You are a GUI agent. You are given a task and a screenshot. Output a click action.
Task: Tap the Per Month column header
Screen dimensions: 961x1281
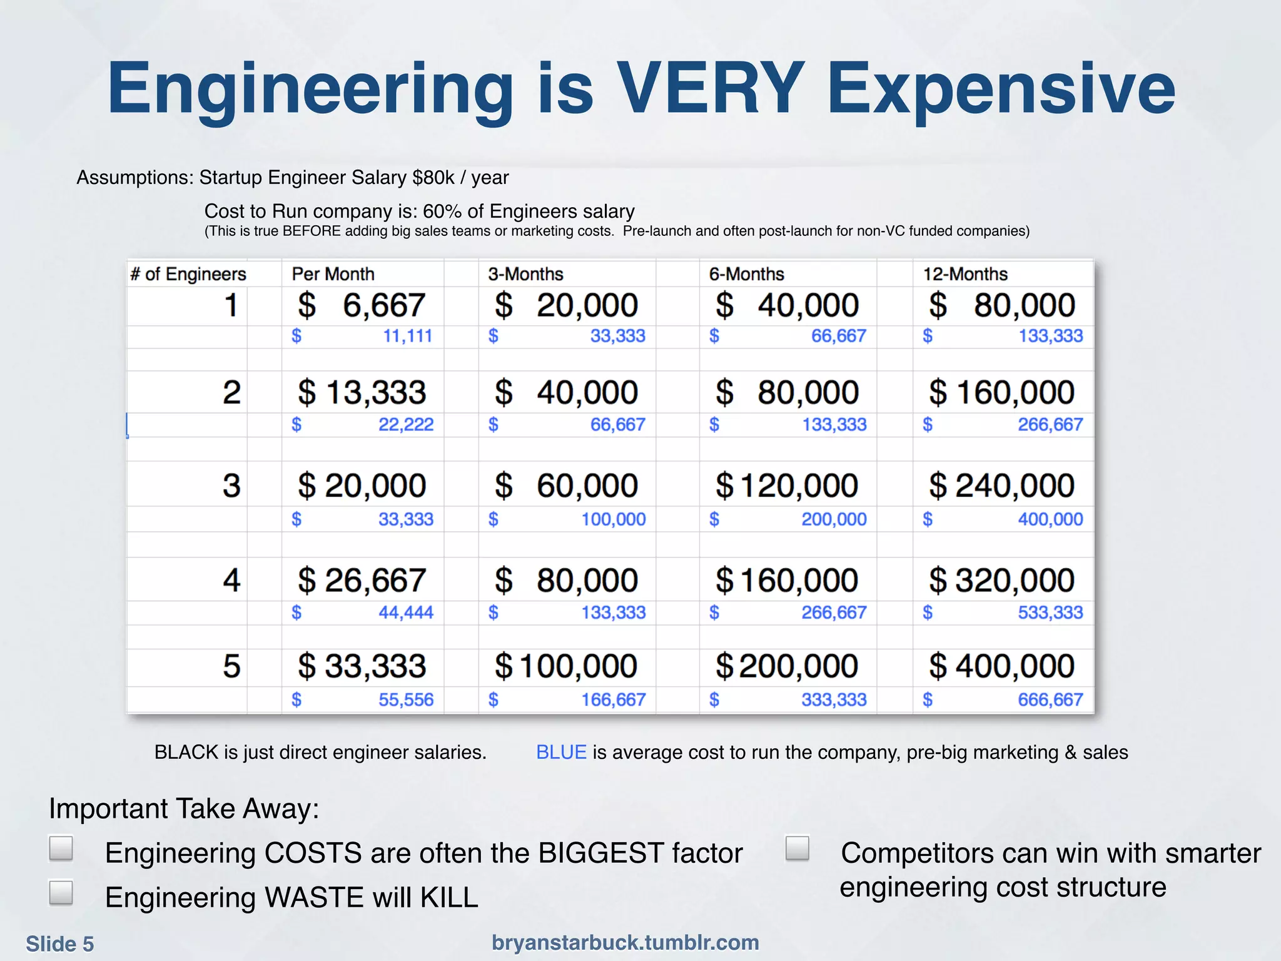[333, 274]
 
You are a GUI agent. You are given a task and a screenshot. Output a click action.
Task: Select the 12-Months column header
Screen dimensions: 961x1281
[965, 274]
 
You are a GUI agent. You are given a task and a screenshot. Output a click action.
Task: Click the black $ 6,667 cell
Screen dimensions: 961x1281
[362, 306]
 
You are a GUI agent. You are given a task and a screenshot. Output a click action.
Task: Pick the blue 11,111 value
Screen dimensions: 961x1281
[407, 336]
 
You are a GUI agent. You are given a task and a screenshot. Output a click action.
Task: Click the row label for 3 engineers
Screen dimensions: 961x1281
[231, 486]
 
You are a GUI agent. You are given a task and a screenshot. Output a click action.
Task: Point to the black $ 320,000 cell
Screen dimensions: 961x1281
[1001, 580]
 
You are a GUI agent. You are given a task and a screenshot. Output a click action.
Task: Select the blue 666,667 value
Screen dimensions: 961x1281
[1050, 699]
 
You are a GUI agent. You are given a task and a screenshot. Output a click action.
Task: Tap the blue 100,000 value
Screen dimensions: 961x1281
[613, 519]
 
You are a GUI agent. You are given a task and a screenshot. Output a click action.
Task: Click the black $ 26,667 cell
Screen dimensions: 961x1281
[362, 580]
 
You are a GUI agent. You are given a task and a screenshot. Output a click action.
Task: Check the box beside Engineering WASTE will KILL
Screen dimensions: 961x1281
[61, 893]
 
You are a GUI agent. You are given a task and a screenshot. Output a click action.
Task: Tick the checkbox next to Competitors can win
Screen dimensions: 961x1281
[797, 849]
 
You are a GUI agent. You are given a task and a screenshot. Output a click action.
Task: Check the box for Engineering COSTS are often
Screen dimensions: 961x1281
[61, 849]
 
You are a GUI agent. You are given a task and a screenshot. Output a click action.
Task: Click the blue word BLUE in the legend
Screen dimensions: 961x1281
[561, 752]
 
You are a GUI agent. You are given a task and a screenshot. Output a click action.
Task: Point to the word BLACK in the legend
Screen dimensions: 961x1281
[186, 752]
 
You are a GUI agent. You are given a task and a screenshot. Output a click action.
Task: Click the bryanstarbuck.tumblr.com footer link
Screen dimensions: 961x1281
[625, 942]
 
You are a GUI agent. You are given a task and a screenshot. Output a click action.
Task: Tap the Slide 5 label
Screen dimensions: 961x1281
[60, 943]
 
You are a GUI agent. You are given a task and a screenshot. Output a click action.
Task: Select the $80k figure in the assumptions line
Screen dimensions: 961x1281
[433, 178]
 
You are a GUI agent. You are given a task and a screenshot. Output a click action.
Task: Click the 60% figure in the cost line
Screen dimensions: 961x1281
[442, 211]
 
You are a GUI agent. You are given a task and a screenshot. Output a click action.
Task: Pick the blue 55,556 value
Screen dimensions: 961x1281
[405, 699]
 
